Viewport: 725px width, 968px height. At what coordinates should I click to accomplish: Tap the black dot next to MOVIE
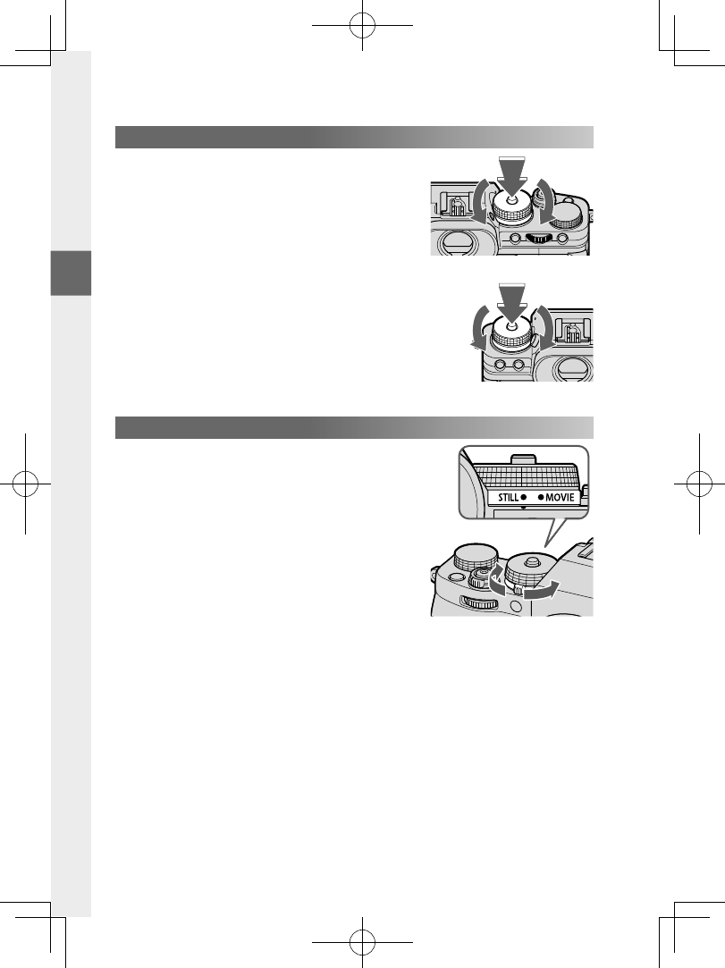(x=539, y=496)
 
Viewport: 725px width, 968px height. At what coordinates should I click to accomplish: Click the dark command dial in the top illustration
(x=537, y=238)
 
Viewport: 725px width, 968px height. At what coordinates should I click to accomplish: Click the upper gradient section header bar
(x=355, y=138)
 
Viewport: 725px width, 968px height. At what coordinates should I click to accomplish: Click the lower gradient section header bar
(x=355, y=427)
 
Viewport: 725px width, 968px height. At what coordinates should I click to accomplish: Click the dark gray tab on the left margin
(x=71, y=273)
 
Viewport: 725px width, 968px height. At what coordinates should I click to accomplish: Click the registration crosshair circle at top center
(x=361, y=27)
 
